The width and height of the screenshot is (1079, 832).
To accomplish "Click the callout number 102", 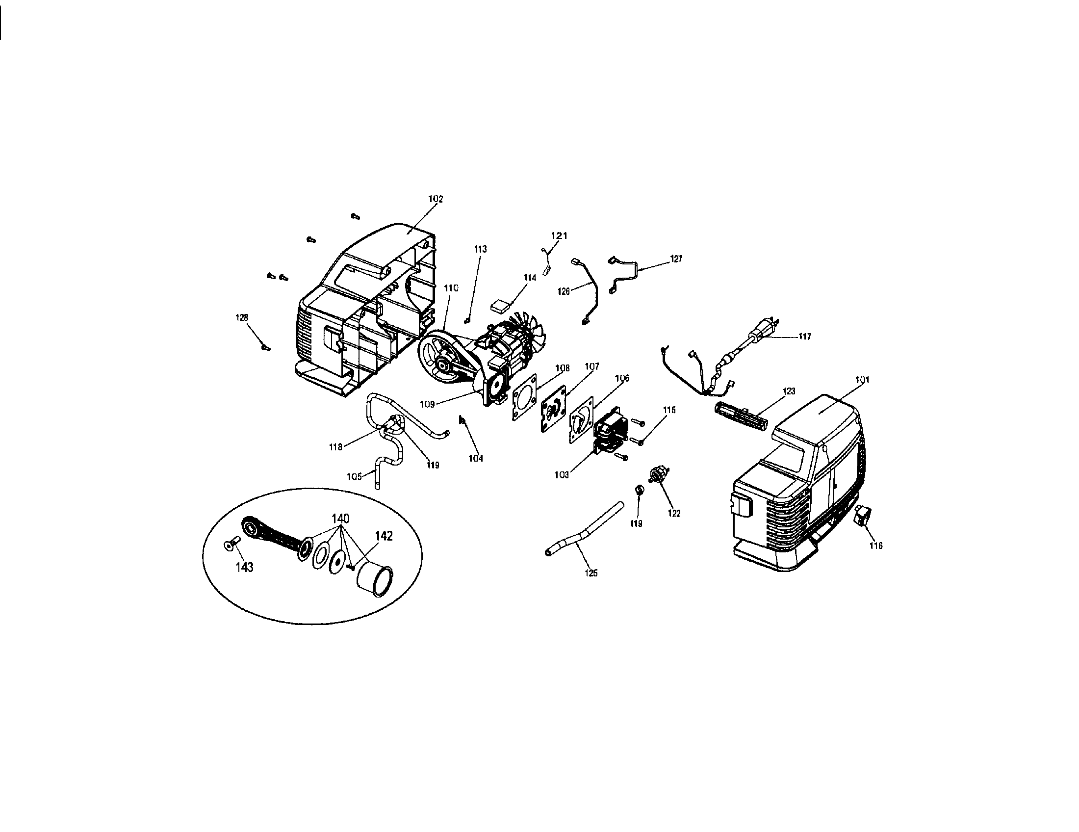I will [435, 199].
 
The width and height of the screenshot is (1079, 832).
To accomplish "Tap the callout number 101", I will [862, 380].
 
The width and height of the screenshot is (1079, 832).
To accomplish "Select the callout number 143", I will [244, 567].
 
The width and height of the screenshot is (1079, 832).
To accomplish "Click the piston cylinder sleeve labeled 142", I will [375, 581].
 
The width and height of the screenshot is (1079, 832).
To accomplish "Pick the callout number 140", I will [340, 519].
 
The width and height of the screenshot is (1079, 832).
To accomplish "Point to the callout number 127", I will [676, 259].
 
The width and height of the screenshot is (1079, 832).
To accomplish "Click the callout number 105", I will [354, 476].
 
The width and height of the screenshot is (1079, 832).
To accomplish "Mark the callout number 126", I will [564, 291].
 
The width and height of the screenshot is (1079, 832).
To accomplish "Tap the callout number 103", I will [562, 475].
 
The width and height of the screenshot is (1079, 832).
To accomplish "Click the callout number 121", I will [559, 236].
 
